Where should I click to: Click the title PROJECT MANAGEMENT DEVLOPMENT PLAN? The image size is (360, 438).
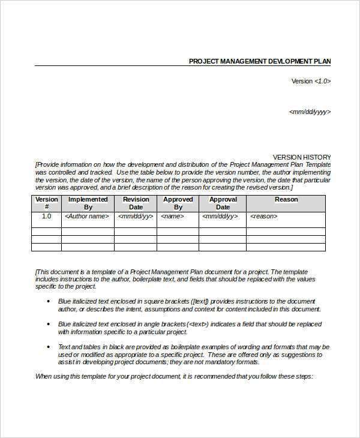[x=259, y=61]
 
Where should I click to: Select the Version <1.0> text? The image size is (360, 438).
[x=311, y=81]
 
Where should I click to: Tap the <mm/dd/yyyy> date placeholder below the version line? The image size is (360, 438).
[x=310, y=112]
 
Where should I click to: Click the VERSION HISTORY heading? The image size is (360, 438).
[x=302, y=157]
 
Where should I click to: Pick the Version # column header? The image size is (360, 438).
[x=46, y=203]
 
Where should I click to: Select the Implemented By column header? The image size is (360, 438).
[x=88, y=203]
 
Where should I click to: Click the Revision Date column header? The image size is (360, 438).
[x=136, y=203]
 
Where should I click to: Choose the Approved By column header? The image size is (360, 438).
[x=178, y=203]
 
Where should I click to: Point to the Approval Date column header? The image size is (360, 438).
[x=223, y=203]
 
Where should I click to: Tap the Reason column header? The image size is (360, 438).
[x=286, y=200]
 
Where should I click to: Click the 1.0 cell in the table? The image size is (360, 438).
[x=46, y=216]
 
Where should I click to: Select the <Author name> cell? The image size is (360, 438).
[x=88, y=216]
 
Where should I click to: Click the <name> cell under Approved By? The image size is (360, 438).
[x=171, y=216]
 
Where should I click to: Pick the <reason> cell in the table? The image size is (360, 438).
[x=264, y=216]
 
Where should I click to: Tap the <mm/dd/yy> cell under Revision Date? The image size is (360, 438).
[x=136, y=216]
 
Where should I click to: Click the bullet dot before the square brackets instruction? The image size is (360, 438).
[x=49, y=301]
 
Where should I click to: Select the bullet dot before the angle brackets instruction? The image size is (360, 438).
[x=49, y=324]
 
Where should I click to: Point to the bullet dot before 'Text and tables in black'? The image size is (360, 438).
[x=49, y=347]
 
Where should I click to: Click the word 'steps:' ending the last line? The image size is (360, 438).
[x=303, y=377]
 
